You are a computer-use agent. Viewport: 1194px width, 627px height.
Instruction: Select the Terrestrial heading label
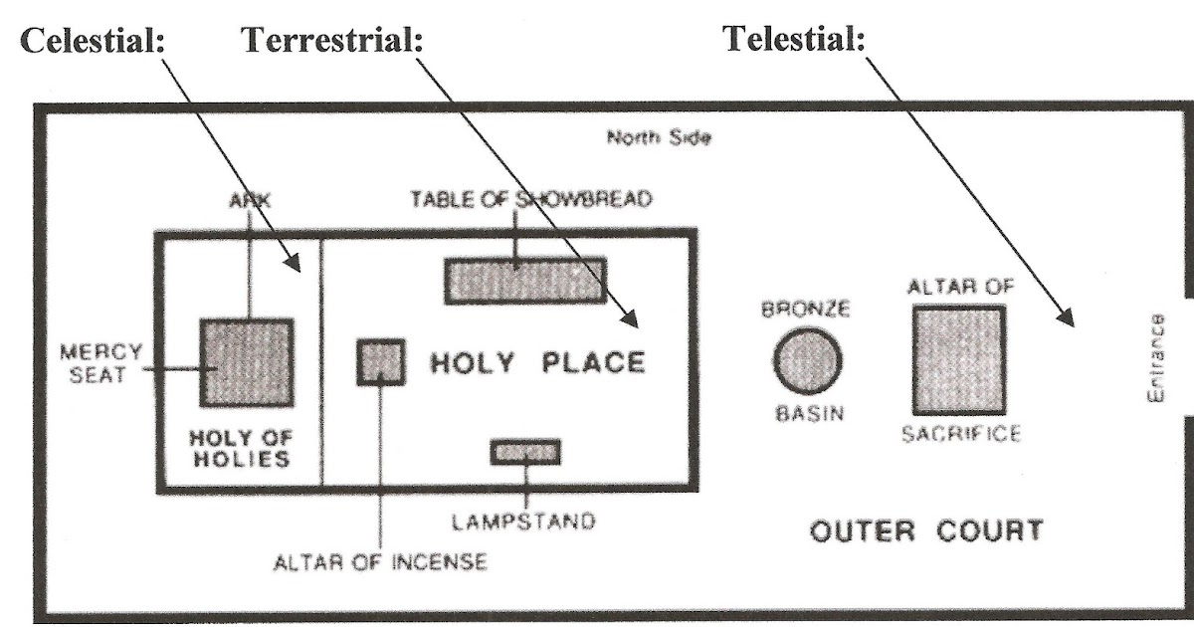click(x=331, y=41)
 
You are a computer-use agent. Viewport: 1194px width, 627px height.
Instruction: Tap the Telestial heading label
click(x=794, y=41)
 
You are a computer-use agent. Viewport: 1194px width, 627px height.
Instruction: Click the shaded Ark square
click(x=247, y=362)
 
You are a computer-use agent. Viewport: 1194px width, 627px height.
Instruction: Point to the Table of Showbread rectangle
click(x=525, y=280)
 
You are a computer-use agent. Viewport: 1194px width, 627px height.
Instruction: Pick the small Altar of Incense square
click(x=381, y=361)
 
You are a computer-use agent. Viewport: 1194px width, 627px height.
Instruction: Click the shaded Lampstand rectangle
click(x=525, y=452)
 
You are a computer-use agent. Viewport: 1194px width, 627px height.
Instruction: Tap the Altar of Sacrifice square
click(x=958, y=359)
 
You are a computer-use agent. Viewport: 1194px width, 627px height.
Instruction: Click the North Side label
click(x=659, y=138)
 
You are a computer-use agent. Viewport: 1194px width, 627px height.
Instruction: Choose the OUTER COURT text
click(x=926, y=530)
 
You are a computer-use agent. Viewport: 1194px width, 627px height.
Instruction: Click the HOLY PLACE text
click(x=537, y=362)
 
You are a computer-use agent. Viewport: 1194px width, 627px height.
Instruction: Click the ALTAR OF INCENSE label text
click(x=381, y=562)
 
